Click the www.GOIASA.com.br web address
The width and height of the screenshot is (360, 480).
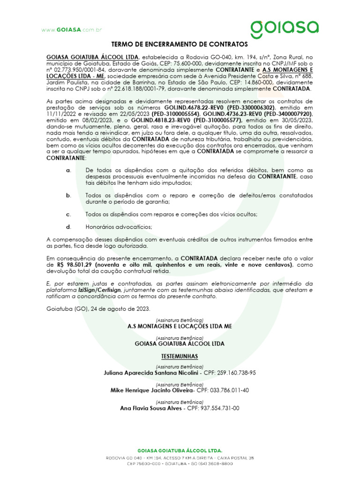tap(71, 30)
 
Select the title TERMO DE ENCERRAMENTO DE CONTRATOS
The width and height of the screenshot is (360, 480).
tap(179, 45)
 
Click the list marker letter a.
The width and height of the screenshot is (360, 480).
tap(69, 170)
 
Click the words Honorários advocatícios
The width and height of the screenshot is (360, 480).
tap(119, 226)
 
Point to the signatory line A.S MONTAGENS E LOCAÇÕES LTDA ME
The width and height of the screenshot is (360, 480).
tap(180, 326)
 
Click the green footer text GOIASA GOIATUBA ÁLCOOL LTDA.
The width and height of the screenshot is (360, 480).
tap(180, 449)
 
